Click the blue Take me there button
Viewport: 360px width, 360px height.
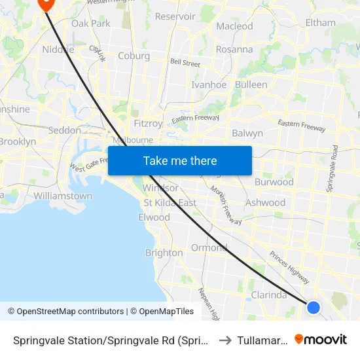click(x=180, y=160)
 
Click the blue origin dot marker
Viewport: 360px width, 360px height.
click(x=314, y=307)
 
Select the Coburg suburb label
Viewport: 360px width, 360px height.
click(x=134, y=56)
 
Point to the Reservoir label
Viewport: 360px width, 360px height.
click(x=175, y=16)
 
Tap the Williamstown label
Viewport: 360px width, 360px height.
click(x=63, y=196)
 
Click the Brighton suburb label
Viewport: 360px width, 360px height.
click(x=164, y=253)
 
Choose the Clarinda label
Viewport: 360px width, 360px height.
click(x=269, y=295)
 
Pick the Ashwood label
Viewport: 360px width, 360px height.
click(x=265, y=203)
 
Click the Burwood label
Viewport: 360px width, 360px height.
click(x=274, y=182)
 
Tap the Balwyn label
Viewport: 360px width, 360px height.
click(x=247, y=134)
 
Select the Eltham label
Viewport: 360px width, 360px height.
click(x=321, y=23)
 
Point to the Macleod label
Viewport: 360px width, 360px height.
click(x=234, y=26)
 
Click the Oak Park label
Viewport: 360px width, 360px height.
click(x=91, y=24)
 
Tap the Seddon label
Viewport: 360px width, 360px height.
click(x=65, y=130)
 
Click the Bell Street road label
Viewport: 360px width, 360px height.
click(x=185, y=63)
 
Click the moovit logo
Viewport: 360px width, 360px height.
click(x=321, y=339)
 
